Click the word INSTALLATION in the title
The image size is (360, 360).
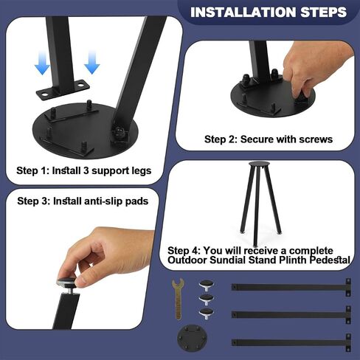243,12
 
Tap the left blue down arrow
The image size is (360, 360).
42,63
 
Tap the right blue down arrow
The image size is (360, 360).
92,62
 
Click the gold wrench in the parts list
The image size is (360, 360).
178,299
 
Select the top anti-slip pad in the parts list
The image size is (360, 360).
206,285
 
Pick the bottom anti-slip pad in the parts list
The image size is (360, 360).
206,314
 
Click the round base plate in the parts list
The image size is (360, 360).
192,339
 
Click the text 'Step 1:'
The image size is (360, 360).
33,170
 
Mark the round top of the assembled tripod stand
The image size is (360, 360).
259,164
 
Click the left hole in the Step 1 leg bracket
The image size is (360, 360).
44,94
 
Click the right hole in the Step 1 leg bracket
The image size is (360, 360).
80,85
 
